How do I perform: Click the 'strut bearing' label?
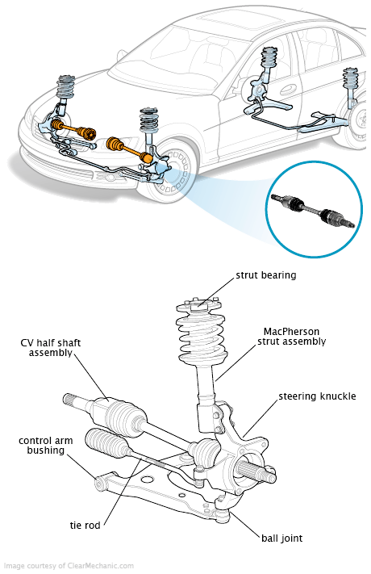[266, 275]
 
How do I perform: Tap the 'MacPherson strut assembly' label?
[292, 337]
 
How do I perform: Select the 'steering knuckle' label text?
[317, 396]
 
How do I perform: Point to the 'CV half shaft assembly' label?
[51, 348]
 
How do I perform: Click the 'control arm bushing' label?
[46, 445]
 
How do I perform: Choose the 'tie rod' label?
[85, 526]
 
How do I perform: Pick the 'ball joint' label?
[282, 538]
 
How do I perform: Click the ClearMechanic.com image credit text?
[69, 566]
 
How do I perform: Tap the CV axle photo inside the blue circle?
[313, 212]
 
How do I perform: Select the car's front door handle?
[288, 89]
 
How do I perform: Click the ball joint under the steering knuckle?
[221, 514]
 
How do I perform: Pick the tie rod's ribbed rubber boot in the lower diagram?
[106, 444]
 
